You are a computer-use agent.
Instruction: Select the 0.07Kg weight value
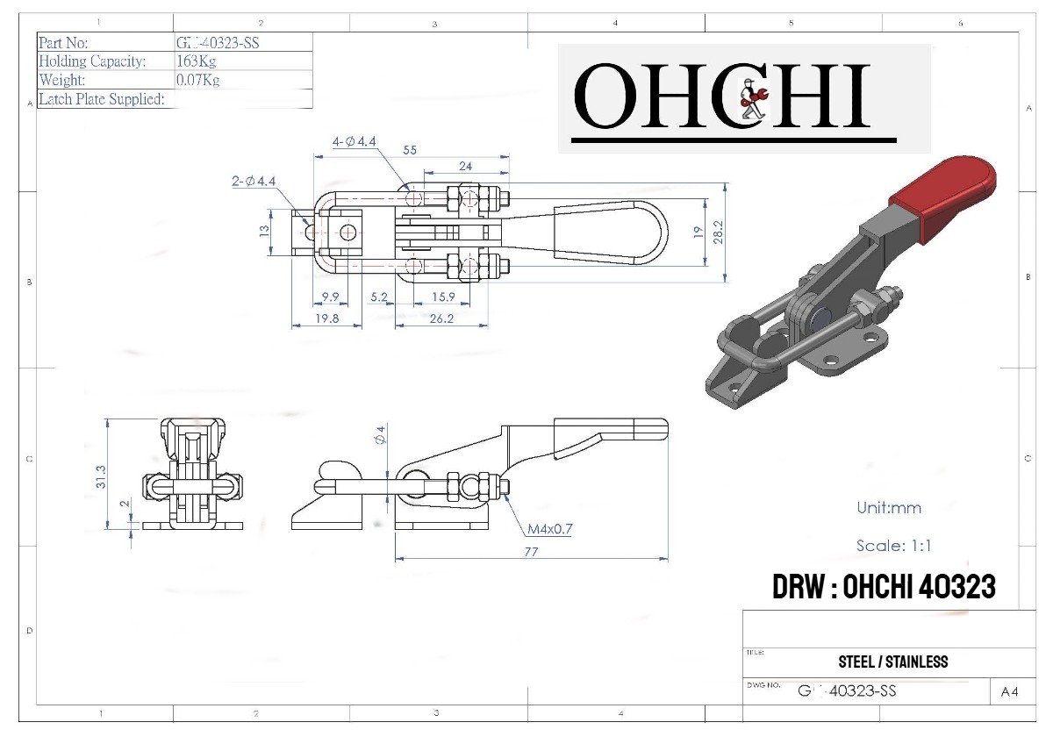tap(197, 80)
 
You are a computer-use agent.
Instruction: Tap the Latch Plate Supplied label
tap(102, 99)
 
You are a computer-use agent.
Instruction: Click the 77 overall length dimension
tap(530, 552)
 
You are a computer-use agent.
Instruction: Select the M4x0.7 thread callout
tap(549, 529)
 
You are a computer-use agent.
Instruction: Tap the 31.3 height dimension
tap(101, 476)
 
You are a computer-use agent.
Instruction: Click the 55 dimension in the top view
tap(410, 150)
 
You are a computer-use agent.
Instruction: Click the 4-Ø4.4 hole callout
tap(355, 141)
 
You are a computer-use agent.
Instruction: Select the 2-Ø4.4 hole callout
tap(254, 181)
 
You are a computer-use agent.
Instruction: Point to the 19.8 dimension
tap(326, 319)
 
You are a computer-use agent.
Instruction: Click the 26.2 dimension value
tap(441, 319)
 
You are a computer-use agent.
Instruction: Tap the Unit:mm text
tap(888, 507)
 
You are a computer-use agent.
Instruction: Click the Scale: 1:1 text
tap(893, 545)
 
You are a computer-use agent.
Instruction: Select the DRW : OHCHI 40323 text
tap(884, 587)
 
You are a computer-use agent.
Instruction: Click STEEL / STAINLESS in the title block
tap(893, 662)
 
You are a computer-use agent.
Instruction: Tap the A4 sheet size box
tap(1009, 691)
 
